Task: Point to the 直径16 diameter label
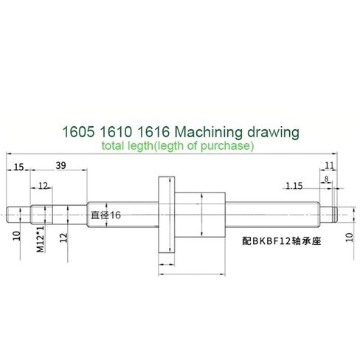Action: tap(105, 215)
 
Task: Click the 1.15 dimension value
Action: tap(295, 185)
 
